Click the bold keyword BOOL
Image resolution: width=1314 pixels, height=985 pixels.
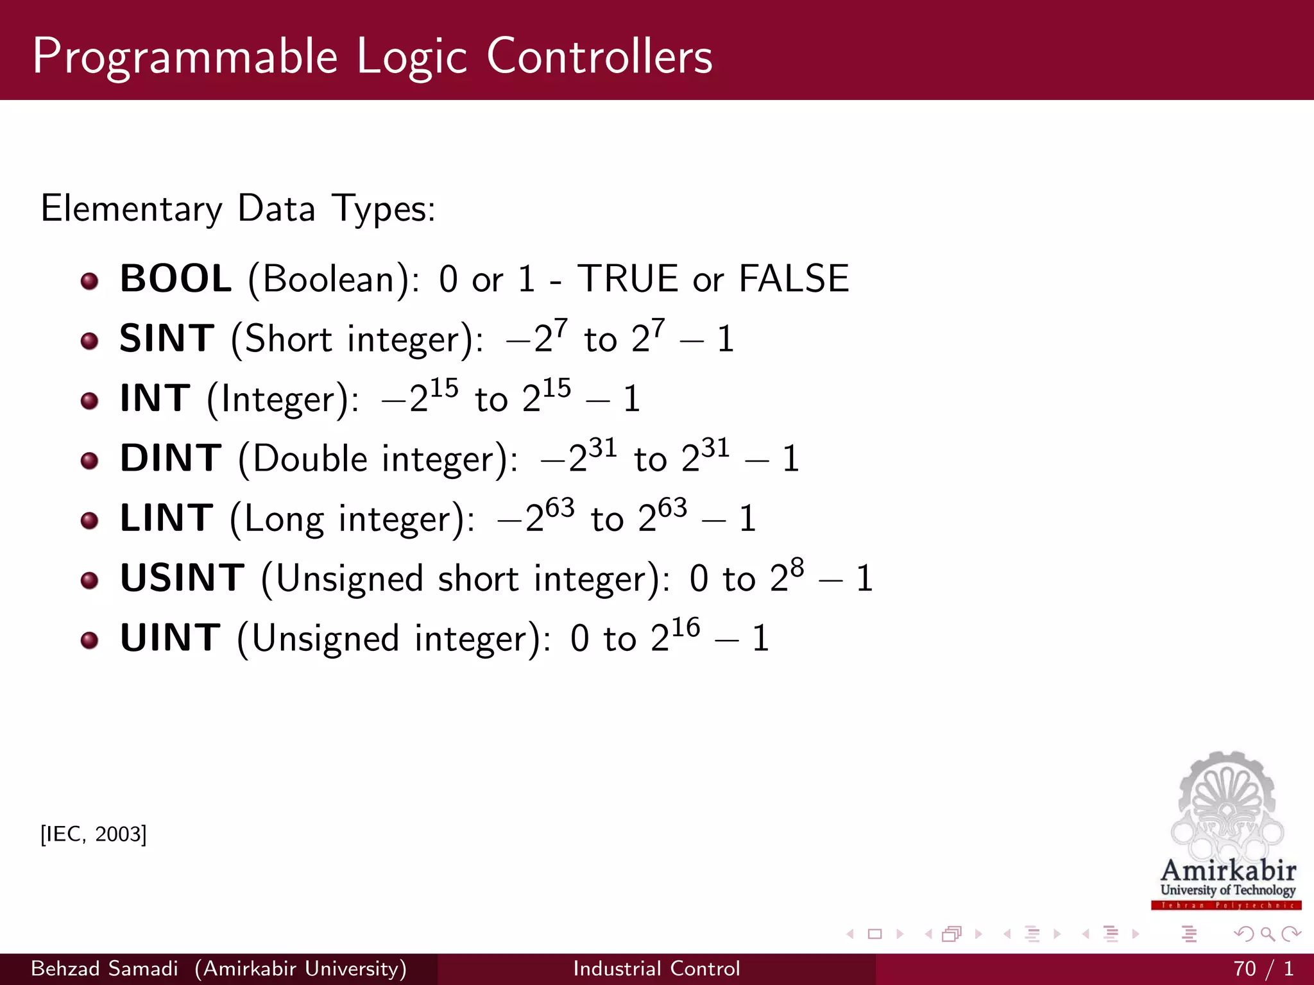tap(175, 279)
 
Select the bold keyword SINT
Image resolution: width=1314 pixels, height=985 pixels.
tap(167, 339)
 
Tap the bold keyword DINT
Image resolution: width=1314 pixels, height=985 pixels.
tap(171, 459)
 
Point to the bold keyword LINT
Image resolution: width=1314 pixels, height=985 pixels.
tap(167, 518)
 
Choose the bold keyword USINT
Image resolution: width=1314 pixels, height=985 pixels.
tap(182, 578)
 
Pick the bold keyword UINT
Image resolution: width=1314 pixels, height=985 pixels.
tap(171, 638)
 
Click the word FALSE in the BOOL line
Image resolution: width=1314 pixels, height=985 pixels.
tap(794, 279)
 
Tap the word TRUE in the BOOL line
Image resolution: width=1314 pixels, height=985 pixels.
tap(627, 279)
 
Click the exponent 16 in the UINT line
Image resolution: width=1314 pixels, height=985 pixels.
tap(685, 627)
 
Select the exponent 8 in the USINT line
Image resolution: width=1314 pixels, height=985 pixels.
tap(797, 568)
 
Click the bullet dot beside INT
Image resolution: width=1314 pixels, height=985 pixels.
tap(90, 401)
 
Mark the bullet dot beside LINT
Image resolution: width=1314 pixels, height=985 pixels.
tap(90, 520)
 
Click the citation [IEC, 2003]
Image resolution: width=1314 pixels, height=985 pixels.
tap(94, 834)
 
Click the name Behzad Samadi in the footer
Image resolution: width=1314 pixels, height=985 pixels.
tap(105, 968)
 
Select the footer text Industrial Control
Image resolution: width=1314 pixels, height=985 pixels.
tap(656, 968)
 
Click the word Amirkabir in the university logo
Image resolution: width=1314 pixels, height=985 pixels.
tap(1228, 871)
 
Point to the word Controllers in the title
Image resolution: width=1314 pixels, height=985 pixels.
tap(599, 56)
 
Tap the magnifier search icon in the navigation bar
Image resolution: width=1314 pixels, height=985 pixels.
tap(1267, 934)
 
